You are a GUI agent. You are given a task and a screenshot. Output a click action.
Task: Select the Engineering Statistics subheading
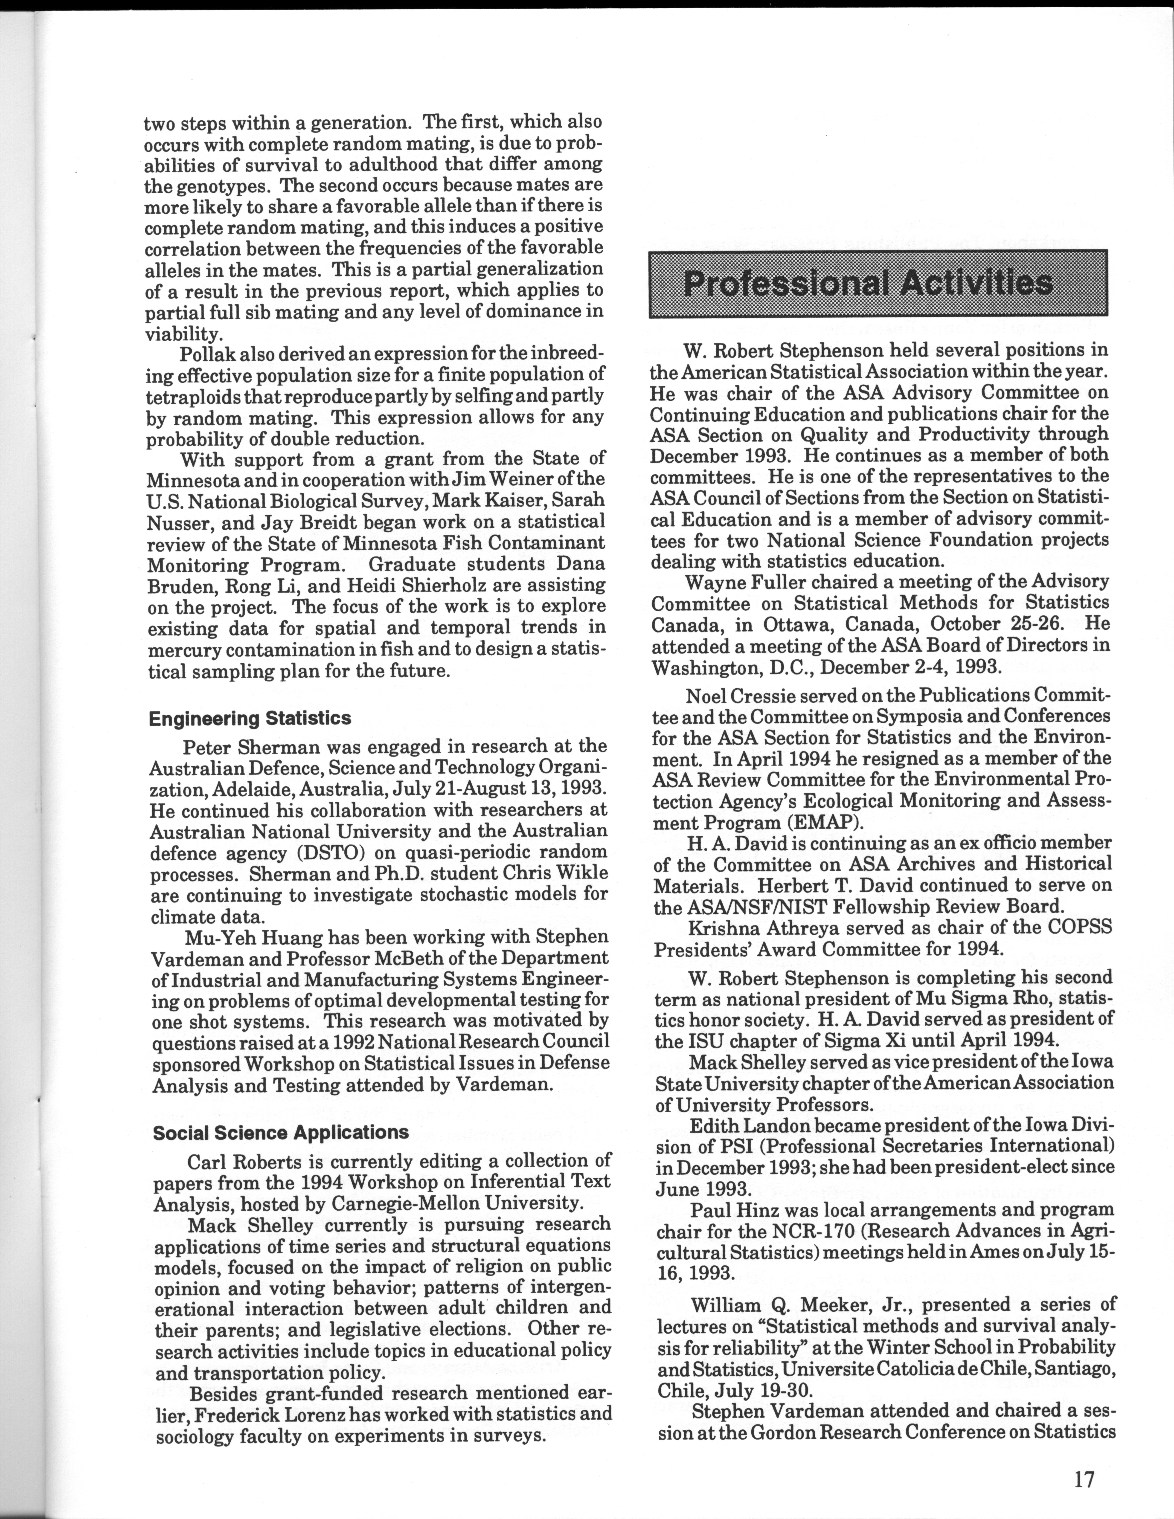pyautogui.click(x=250, y=719)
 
